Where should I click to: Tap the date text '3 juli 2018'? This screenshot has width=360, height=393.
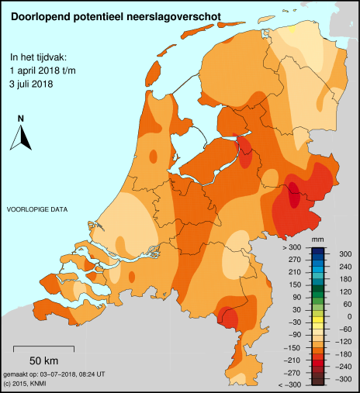click(36, 83)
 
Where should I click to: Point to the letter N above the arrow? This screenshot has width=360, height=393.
click(22, 118)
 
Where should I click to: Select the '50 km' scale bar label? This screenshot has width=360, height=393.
click(45, 361)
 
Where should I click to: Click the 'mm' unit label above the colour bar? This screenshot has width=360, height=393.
click(317, 242)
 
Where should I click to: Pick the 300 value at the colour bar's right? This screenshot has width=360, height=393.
click(345, 253)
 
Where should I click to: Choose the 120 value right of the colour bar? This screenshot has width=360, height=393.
click(345, 291)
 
